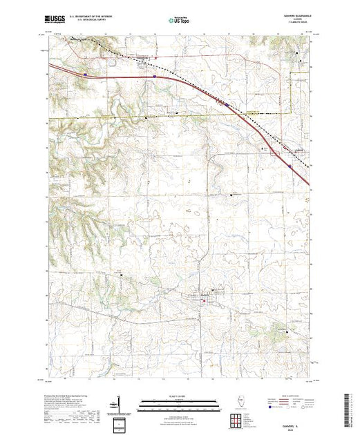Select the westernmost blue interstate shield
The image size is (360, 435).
(x=85, y=70)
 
